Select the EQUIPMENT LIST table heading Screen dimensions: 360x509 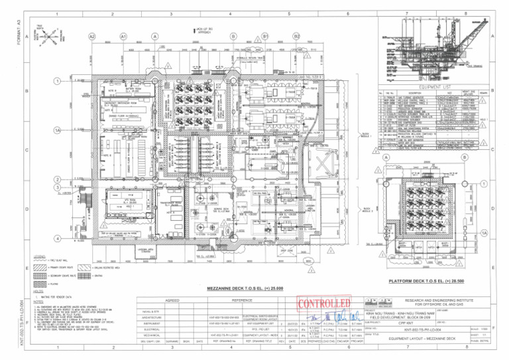438,86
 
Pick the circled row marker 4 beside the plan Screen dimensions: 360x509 58,238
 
